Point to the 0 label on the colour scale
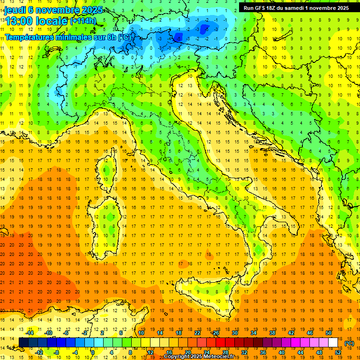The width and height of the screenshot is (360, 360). tap(92, 352)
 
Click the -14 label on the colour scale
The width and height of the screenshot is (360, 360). tap(30, 333)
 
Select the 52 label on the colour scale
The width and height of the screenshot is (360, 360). tap(338, 352)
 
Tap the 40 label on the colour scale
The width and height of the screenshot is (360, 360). tap(281, 352)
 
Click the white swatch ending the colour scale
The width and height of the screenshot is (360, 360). tap(333, 343)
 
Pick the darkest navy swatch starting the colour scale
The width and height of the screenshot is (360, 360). tap(23, 343)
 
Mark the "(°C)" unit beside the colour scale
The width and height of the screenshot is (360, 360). tap(349, 343)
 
